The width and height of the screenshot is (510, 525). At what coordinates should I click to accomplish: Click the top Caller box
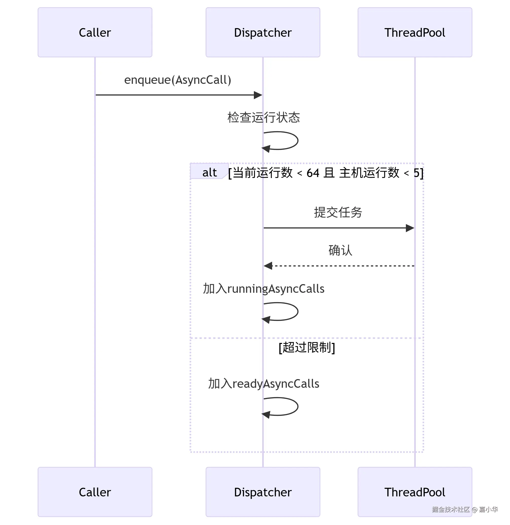[95, 32]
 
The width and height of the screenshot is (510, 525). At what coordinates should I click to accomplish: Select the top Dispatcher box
[263, 32]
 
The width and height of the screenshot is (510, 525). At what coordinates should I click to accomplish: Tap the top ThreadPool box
[414, 32]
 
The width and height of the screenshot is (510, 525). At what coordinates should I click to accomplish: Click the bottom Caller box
[95, 492]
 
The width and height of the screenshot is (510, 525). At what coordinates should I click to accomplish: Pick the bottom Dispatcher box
[263, 492]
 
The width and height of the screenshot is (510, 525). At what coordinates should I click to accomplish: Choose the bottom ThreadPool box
[414, 492]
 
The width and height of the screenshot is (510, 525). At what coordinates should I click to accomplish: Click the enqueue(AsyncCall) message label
[177, 80]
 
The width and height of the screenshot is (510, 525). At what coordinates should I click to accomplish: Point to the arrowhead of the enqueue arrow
[258, 95]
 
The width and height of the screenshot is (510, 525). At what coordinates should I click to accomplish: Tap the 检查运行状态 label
[263, 118]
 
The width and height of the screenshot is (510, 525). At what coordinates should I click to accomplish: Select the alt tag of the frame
[209, 172]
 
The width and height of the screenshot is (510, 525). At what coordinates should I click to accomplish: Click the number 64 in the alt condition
[313, 173]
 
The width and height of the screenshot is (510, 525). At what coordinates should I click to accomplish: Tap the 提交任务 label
[338, 212]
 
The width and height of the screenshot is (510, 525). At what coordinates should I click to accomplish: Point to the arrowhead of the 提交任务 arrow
[410, 228]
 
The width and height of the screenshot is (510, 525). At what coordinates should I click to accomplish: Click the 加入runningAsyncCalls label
[263, 289]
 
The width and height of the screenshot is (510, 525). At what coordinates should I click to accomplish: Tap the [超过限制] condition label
[307, 348]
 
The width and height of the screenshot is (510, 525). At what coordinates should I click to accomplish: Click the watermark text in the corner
[465, 509]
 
